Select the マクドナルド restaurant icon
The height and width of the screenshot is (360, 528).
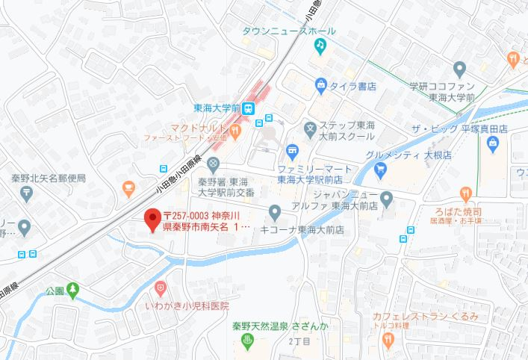click(235, 131)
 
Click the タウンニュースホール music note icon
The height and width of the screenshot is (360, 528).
click(320, 45)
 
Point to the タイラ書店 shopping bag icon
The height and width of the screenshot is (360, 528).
click(320, 86)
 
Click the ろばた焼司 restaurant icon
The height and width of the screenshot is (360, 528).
click(468, 196)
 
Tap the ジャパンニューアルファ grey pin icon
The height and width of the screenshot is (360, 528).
click(386, 199)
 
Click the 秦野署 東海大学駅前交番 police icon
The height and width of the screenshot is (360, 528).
click(214, 164)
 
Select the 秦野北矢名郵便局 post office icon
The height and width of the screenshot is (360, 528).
click(26, 193)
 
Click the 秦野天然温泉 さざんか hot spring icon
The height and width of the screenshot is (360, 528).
click(248, 341)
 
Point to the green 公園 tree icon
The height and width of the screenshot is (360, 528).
click(72, 289)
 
